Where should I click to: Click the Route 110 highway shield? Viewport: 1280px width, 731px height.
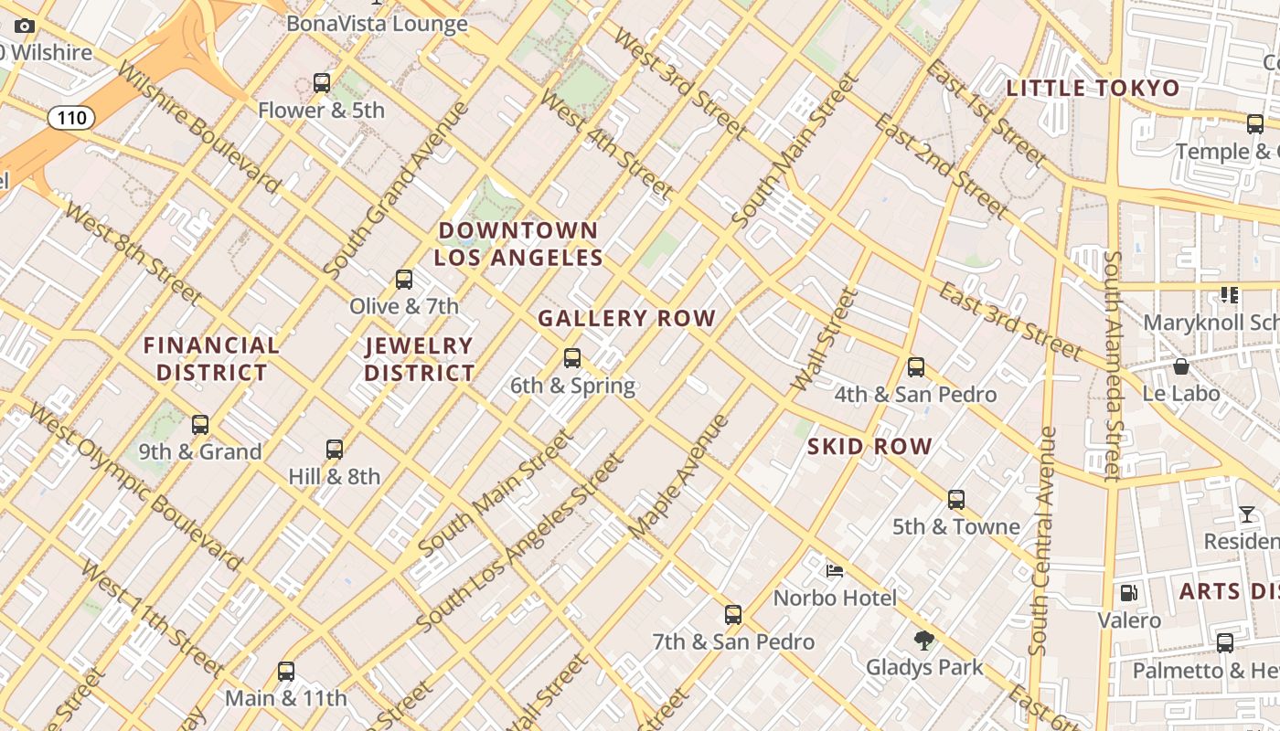click(70, 117)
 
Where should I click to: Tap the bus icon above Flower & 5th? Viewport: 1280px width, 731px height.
click(322, 83)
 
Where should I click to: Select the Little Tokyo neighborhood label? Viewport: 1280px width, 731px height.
click(1093, 89)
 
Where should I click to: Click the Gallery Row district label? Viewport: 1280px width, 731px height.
click(626, 319)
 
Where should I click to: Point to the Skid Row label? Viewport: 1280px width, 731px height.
click(869, 447)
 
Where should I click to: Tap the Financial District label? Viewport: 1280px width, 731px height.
click(211, 359)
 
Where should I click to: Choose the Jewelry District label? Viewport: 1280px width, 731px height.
click(420, 359)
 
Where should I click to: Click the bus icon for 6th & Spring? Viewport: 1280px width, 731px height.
click(572, 358)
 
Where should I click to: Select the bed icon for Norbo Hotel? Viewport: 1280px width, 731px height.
click(835, 571)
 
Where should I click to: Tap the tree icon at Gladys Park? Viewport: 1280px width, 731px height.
click(924, 640)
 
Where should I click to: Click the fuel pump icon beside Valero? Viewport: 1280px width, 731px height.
click(1129, 593)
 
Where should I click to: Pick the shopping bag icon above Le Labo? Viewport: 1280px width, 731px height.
click(1181, 366)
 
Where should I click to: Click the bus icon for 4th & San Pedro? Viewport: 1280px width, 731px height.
click(916, 367)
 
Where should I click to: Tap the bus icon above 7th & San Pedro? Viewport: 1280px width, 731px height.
click(733, 615)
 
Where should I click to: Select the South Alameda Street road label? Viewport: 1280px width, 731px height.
click(1112, 365)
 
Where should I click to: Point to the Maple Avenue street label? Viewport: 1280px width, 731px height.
click(678, 476)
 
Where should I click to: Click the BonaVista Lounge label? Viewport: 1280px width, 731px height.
click(377, 24)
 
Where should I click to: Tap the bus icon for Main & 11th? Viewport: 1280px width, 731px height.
click(286, 672)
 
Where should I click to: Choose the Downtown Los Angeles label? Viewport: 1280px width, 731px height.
click(518, 244)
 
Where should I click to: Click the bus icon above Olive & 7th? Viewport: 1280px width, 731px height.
click(404, 280)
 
